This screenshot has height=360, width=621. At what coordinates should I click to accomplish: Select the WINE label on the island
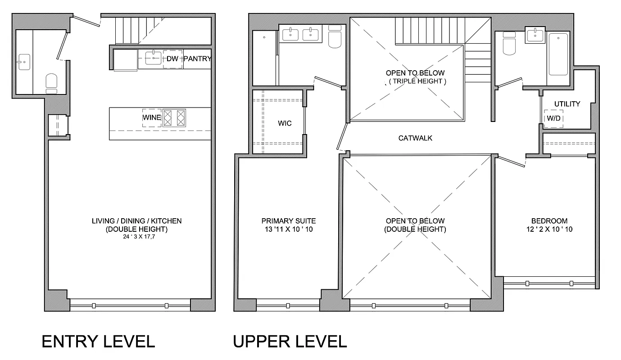click(152, 117)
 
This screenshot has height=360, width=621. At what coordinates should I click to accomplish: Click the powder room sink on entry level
click(23, 60)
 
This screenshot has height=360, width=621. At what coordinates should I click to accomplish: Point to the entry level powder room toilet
click(51, 82)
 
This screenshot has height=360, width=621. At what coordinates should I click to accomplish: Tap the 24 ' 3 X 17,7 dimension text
click(137, 236)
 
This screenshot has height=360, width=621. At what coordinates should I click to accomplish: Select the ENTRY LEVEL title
click(98, 342)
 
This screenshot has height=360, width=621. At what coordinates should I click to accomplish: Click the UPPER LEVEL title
click(290, 342)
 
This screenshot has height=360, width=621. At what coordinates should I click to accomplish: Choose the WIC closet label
click(284, 123)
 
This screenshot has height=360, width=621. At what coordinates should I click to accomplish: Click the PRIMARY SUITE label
click(288, 221)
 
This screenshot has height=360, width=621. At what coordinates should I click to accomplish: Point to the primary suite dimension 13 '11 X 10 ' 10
click(288, 229)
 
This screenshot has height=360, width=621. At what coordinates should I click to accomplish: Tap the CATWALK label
click(415, 138)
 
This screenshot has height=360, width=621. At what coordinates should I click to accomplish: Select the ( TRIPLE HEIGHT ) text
click(415, 81)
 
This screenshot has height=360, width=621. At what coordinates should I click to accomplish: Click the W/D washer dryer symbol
click(553, 119)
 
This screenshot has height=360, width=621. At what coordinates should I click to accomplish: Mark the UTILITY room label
click(567, 104)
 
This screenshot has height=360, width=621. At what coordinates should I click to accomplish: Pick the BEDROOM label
click(549, 221)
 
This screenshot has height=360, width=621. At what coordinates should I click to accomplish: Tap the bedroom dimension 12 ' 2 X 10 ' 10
click(549, 229)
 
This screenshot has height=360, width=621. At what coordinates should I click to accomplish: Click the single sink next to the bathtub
click(535, 35)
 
